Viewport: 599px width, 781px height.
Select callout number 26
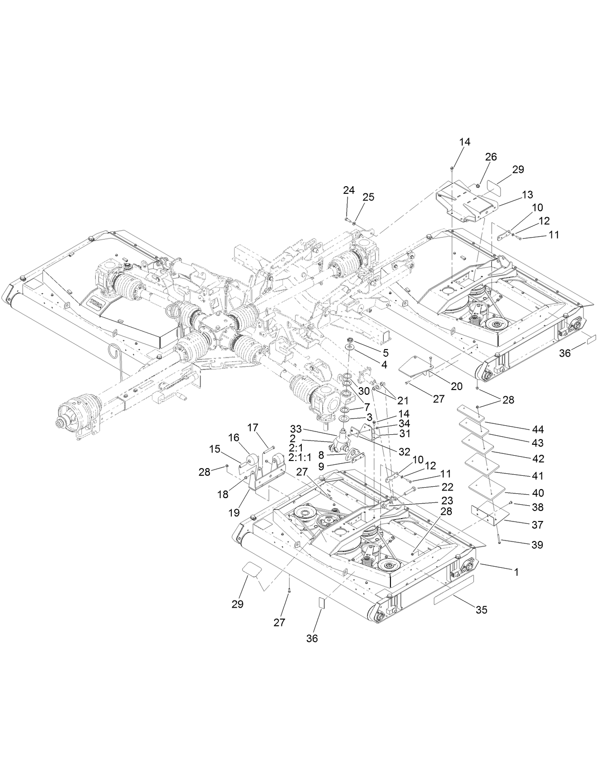491,157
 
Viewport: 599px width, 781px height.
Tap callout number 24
349,190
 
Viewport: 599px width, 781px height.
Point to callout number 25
369,197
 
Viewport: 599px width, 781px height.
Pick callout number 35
481,610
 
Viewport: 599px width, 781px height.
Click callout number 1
516,572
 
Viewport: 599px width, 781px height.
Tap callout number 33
296,429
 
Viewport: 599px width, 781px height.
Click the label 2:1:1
300,457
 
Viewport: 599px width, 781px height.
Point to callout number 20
456,387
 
